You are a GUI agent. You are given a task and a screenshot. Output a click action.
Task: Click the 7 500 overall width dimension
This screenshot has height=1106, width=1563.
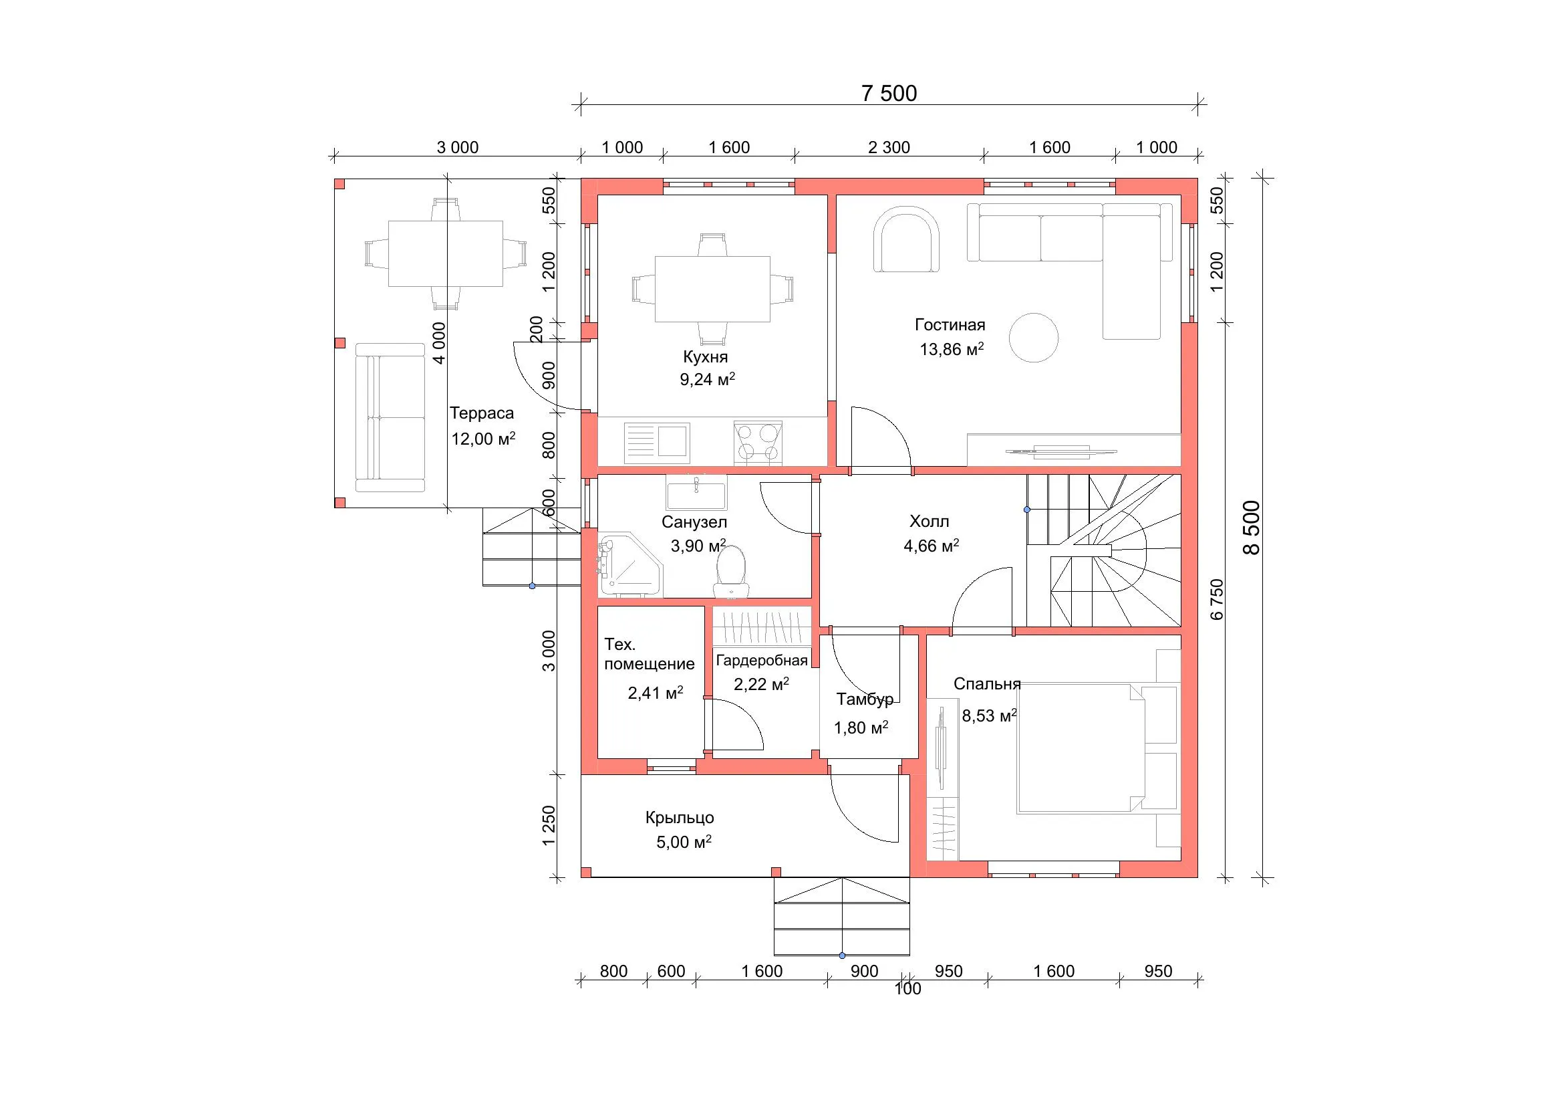click(x=889, y=94)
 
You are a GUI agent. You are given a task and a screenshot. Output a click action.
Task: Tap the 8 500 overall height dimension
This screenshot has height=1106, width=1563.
click(x=1252, y=528)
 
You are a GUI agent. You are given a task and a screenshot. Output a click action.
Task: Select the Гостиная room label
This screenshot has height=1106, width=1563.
click(x=950, y=325)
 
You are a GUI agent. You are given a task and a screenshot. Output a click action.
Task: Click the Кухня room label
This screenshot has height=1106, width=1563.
click(x=705, y=357)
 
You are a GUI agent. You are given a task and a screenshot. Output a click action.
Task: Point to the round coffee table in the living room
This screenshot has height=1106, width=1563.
click(x=1033, y=337)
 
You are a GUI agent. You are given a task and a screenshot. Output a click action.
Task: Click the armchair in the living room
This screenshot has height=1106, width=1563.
click(x=907, y=241)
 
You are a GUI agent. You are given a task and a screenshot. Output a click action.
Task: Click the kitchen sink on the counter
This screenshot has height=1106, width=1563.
click(x=657, y=440)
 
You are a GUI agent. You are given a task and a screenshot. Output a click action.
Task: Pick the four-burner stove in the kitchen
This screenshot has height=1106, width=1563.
click(x=758, y=442)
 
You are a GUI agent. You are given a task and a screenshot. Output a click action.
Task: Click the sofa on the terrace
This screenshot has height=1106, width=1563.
click(x=390, y=417)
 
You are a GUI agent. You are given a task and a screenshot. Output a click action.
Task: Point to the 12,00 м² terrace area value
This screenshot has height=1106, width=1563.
click(x=483, y=438)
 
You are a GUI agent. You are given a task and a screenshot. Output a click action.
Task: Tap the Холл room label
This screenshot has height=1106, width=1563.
click(x=930, y=522)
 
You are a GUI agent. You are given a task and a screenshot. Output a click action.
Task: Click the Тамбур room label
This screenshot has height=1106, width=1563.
click(x=865, y=699)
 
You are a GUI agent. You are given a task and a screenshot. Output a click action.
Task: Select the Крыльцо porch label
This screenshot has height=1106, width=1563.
click(x=680, y=817)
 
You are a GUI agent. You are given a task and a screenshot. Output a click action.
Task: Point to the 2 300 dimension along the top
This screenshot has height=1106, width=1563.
click(x=889, y=147)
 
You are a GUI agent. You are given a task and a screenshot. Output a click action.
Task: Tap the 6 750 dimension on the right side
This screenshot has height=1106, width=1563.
click(x=1217, y=599)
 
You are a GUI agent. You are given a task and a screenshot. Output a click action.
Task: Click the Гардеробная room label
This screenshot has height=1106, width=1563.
click(x=762, y=661)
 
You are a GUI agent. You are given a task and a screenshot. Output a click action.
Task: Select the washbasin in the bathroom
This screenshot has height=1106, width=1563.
click(x=696, y=492)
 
